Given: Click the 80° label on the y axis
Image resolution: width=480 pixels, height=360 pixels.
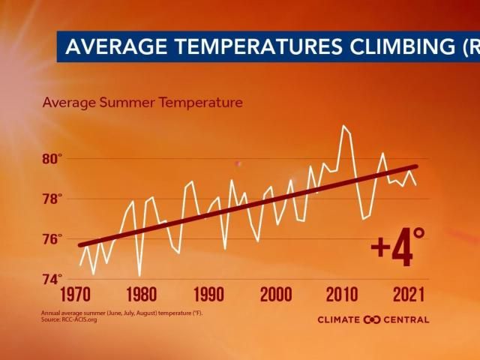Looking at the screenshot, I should [x=52, y=159].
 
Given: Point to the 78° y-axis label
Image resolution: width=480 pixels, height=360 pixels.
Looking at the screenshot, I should [x=52, y=199].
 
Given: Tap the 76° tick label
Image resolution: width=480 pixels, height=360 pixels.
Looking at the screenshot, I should [x=52, y=240].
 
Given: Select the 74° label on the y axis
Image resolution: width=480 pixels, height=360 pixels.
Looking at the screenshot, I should [x=52, y=280].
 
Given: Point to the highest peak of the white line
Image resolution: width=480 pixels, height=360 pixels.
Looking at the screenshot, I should [x=343, y=125].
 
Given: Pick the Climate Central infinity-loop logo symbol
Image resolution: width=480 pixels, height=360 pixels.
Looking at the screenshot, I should [x=373, y=319].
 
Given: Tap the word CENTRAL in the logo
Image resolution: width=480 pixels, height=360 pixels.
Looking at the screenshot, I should [x=406, y=319].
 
